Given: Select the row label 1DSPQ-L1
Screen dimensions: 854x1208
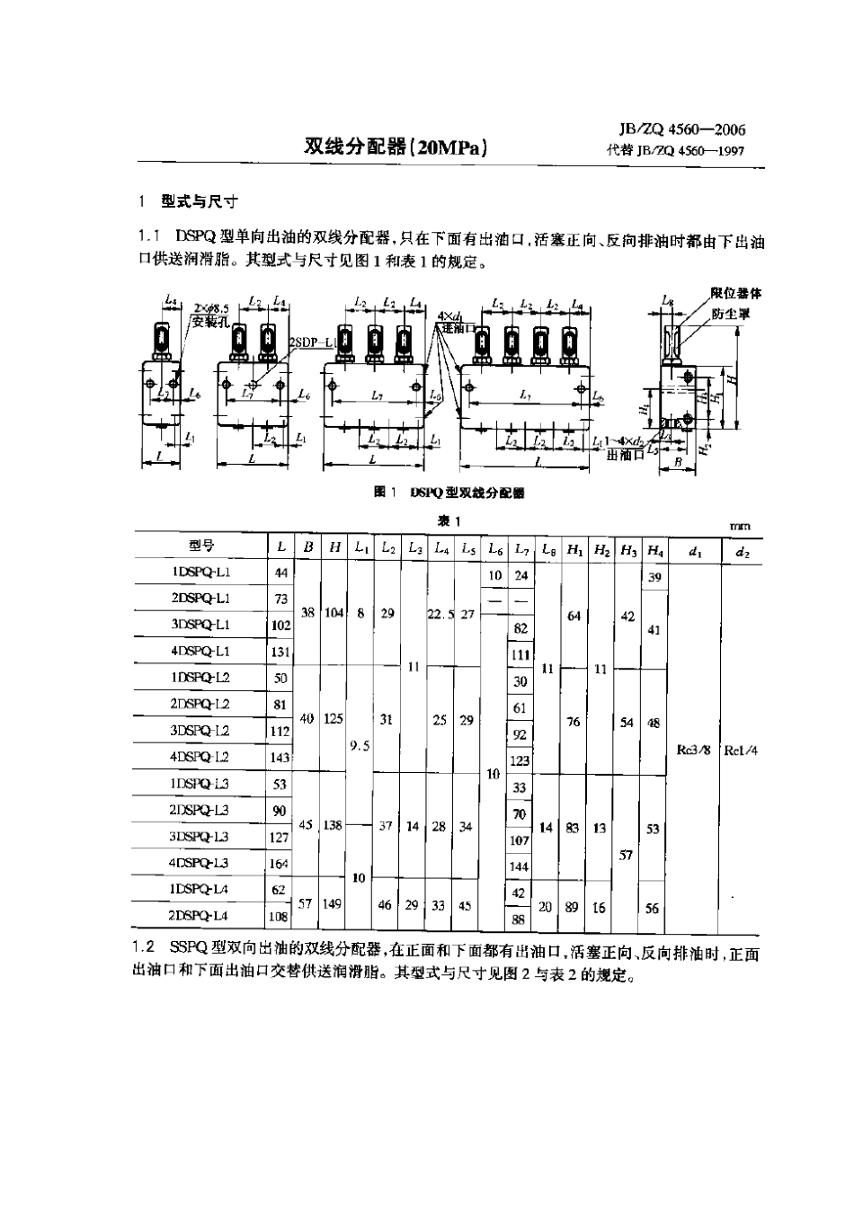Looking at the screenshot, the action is [201, 573].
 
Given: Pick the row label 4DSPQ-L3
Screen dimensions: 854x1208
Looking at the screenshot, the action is [201, 864].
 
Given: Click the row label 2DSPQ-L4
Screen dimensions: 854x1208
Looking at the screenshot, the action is [201, 916].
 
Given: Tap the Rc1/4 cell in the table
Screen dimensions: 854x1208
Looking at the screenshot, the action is [742, 750].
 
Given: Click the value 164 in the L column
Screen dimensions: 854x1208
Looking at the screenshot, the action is [280, 865].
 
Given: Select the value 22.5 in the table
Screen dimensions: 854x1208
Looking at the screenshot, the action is [440, 614].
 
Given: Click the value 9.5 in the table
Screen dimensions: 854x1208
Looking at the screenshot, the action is [360, 745].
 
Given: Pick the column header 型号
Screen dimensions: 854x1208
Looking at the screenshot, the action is [202, 546].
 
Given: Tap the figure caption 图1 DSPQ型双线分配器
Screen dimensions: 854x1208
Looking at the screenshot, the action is [449, 493].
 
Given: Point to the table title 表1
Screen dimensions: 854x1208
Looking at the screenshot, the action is [449, 521].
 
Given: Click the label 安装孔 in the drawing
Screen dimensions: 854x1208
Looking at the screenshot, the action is [209, 321].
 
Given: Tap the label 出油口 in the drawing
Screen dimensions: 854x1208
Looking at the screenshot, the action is [625, 456].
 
